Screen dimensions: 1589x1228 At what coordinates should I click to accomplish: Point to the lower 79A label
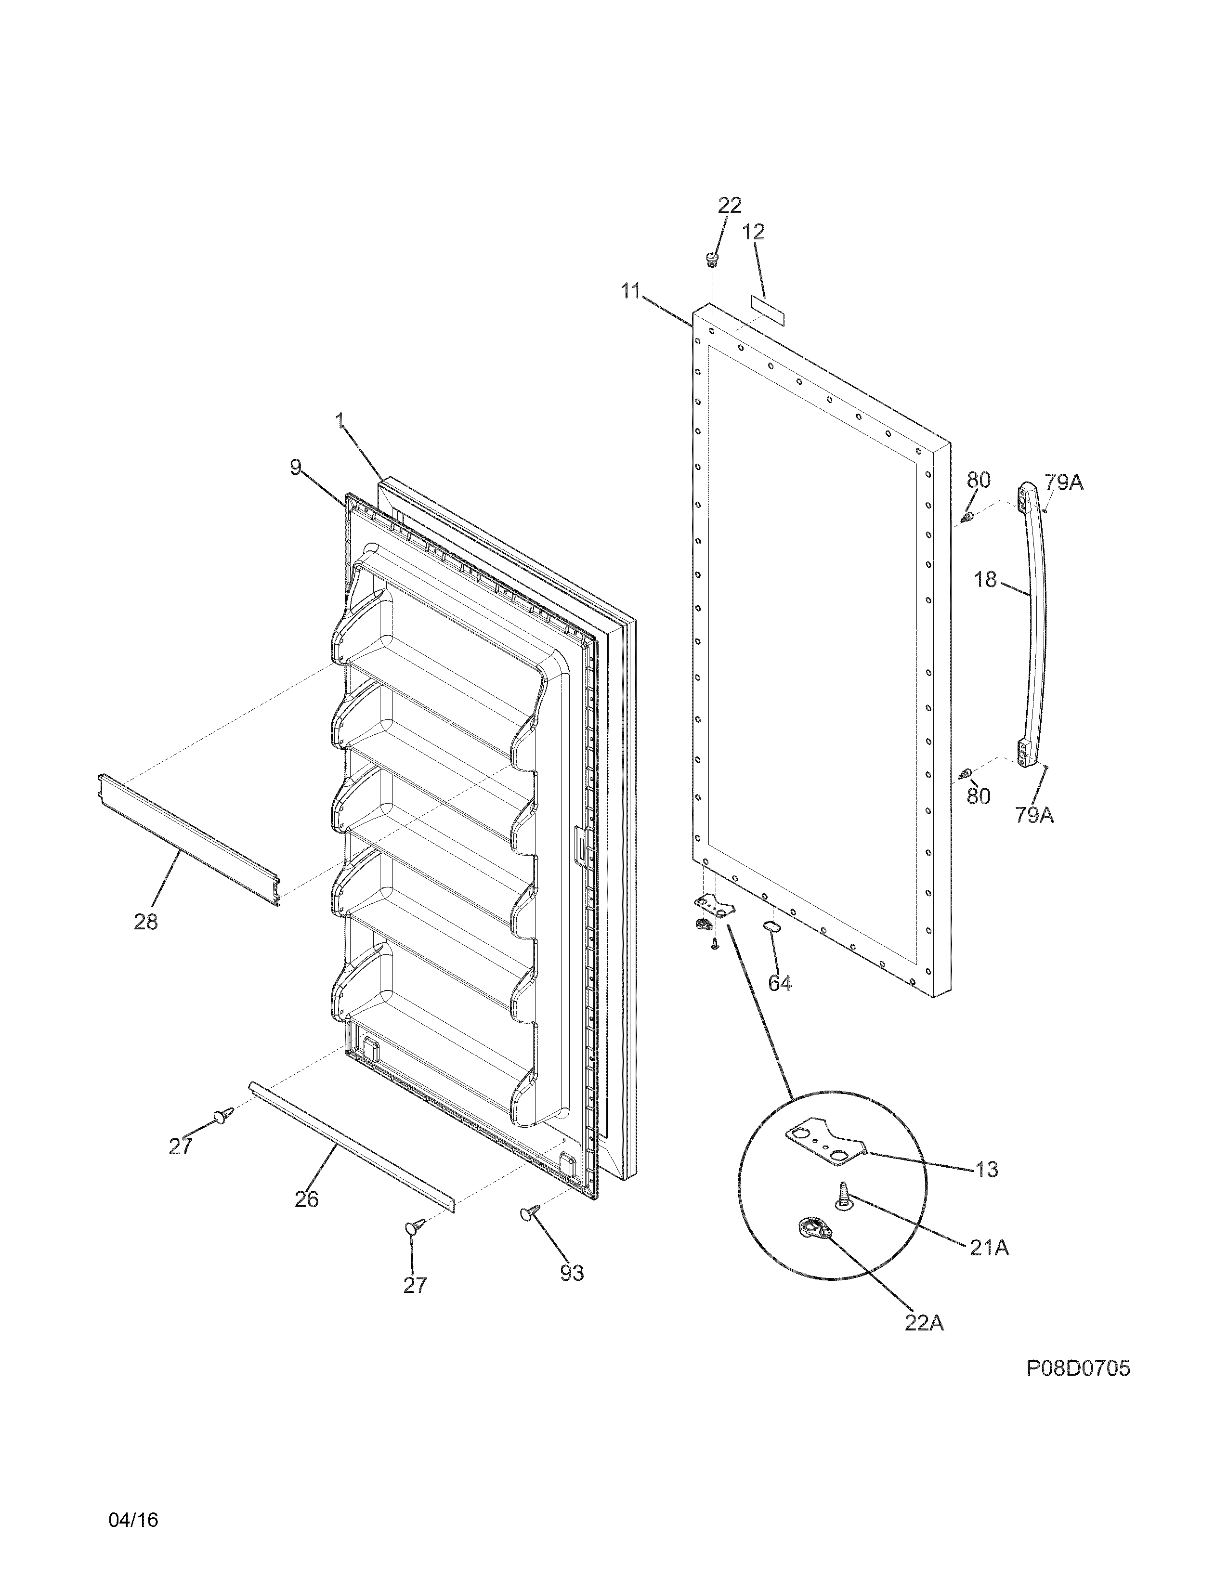point(1034,816)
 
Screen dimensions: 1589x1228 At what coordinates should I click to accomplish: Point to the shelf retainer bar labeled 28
point(189,840)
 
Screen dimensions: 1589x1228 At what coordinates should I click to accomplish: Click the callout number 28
point(145,922)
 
